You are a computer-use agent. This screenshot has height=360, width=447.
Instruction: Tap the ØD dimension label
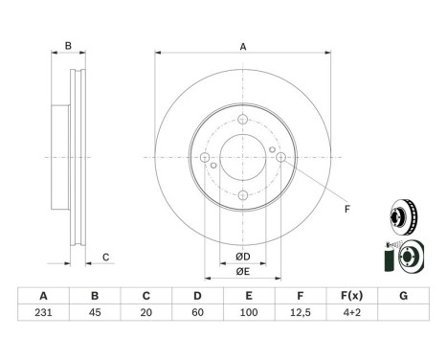[x=243, y=256]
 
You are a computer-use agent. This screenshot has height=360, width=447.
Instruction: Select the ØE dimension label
[x=243, y=273]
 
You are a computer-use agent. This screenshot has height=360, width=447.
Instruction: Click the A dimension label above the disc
[x=242, y=47]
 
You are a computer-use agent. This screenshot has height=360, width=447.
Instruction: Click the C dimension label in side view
[x=107, y=256]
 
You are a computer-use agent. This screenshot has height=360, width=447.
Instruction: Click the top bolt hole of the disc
[x=243, y=120]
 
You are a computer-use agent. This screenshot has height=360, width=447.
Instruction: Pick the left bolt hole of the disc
[x=205, y=158]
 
